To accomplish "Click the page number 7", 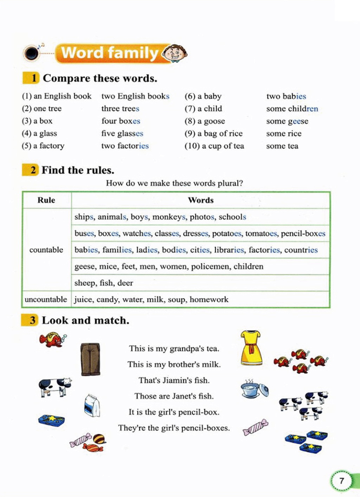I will coord(341,480).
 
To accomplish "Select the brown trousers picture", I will coord(90,359).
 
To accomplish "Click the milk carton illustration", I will coord(92,405).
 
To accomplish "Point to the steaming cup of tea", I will coord(255,389).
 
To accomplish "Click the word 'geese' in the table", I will coord(84,267).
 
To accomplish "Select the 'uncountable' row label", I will coord(46,300).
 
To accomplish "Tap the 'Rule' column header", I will coord(46,200).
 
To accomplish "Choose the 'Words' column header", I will coord(201,200).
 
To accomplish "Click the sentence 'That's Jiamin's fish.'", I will coord(174,380).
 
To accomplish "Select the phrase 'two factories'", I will coord(125,146).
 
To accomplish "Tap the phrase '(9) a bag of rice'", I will coord(214,133).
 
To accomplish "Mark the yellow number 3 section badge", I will coord(30,320).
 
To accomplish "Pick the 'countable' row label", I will coord(46,250).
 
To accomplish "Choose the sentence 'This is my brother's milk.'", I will coord(174,365).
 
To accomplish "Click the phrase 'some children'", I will coord(292,109).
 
